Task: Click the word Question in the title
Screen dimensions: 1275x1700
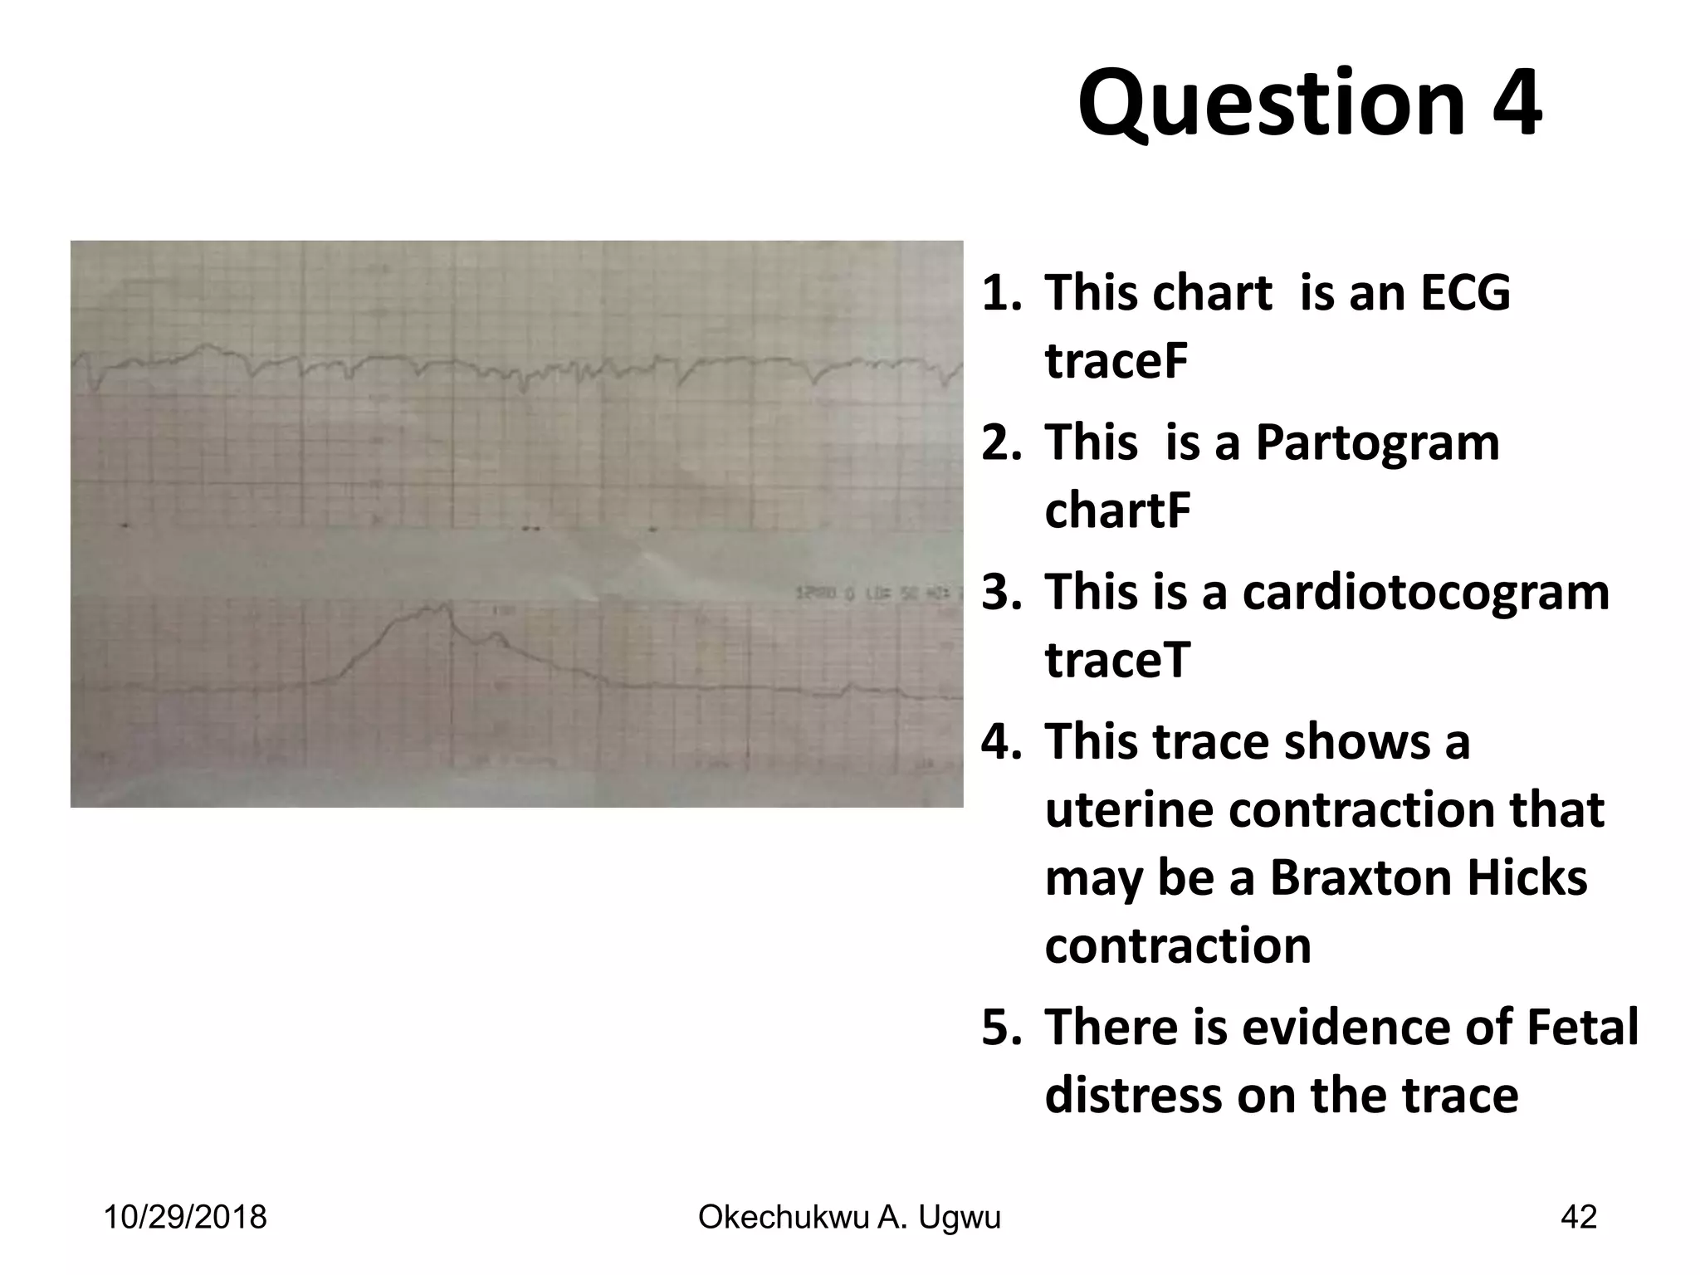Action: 1271,105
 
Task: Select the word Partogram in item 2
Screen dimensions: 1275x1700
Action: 1377,442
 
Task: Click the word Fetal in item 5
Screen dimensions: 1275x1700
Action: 1590,1027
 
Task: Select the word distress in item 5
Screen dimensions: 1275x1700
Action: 1132,1095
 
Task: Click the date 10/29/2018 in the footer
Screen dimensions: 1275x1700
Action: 184,1217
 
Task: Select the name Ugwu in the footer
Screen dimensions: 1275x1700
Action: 963,1217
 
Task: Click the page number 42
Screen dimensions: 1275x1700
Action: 1578,1217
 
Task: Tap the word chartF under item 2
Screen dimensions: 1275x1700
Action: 1117,510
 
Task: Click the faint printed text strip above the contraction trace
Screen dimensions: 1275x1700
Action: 872,594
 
